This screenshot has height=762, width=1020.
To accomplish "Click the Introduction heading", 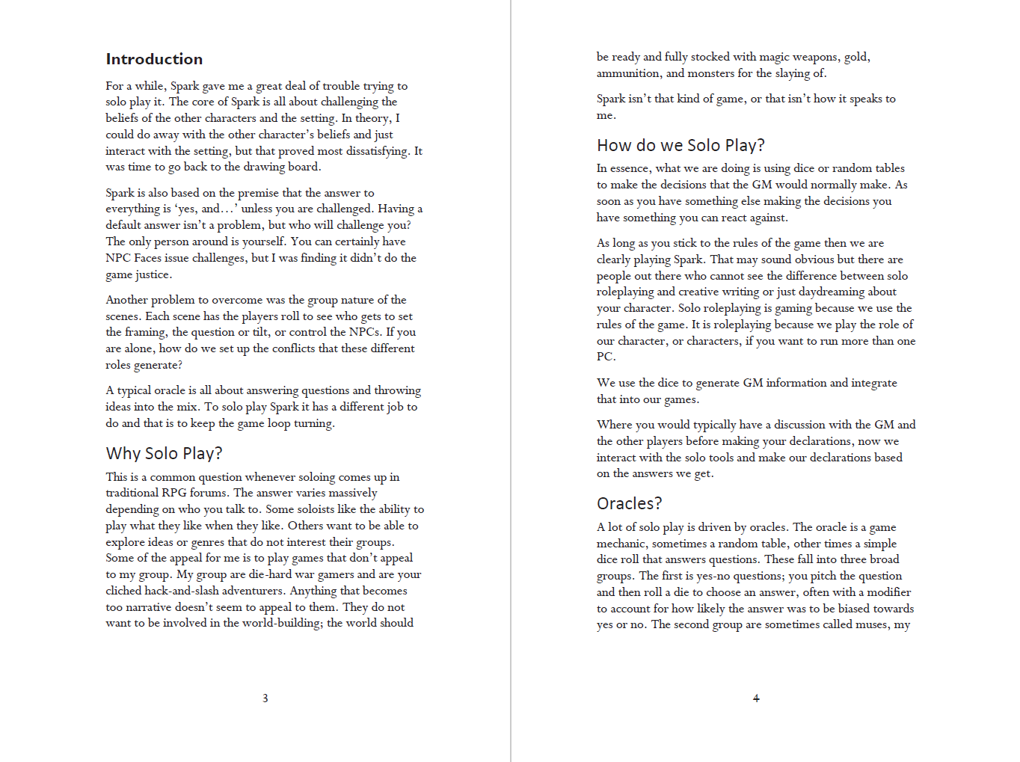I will click(154, 59).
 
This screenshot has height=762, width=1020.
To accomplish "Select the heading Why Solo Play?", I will click(164, 453).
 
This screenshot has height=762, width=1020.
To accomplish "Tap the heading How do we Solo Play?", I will click(680, 145).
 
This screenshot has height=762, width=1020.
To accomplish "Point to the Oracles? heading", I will click(629, 503).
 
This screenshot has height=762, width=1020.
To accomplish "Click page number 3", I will click(265, 698).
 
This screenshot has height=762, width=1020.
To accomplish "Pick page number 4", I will click(756, 698).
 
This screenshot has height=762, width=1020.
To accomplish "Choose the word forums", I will click(209, 493).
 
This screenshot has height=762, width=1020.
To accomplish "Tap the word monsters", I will click(711, 73).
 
